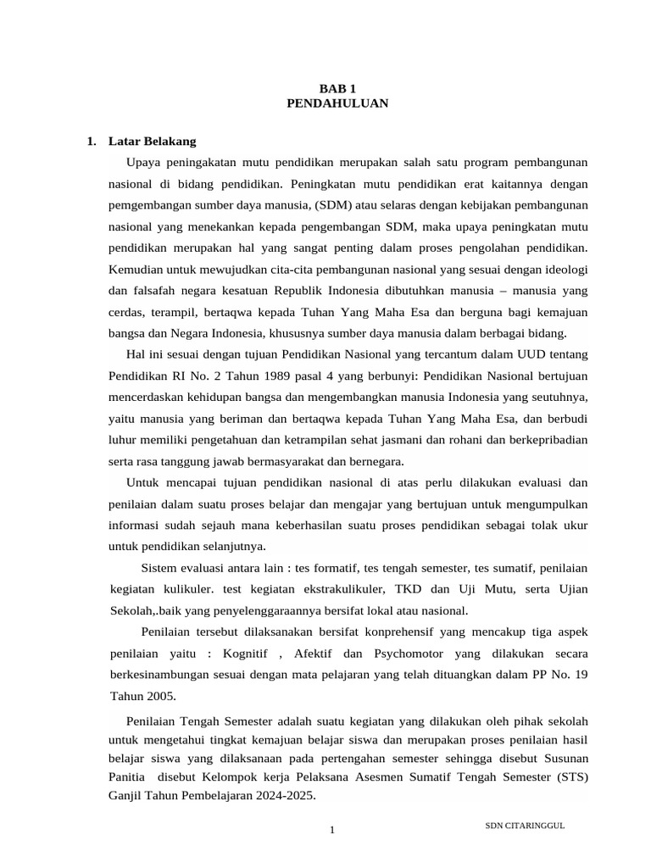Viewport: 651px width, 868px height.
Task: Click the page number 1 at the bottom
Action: click(333, 830)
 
